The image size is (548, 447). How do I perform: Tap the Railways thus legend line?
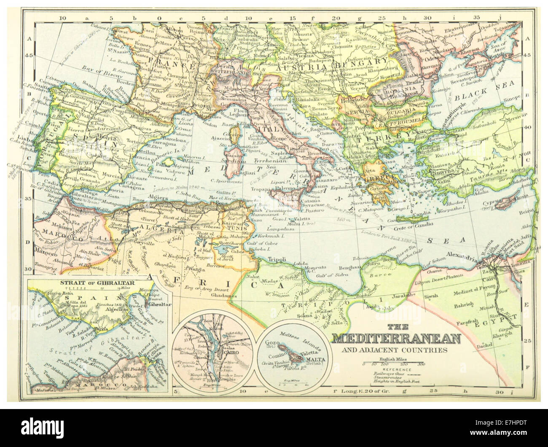pos(388,373)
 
